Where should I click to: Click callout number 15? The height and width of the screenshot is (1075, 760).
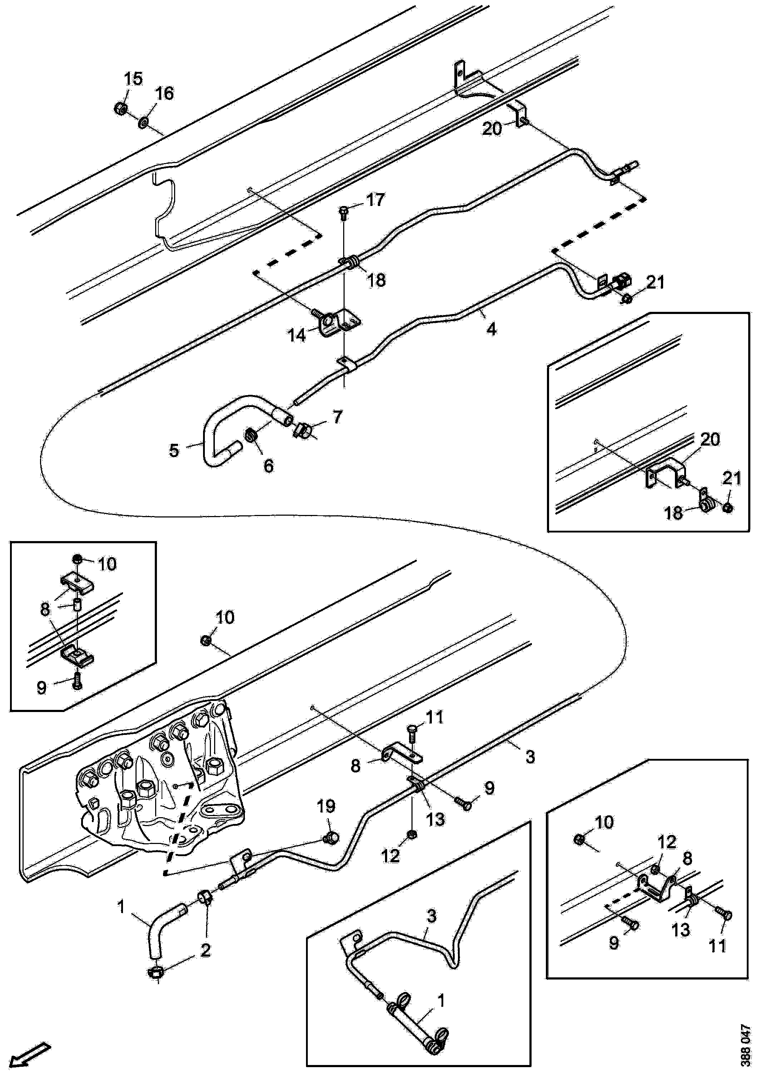133,79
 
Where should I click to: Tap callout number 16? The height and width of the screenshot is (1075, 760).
164,93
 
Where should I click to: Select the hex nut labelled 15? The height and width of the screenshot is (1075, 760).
119,108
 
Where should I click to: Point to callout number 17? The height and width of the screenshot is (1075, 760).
376,200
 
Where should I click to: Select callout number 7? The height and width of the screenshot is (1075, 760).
337,416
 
